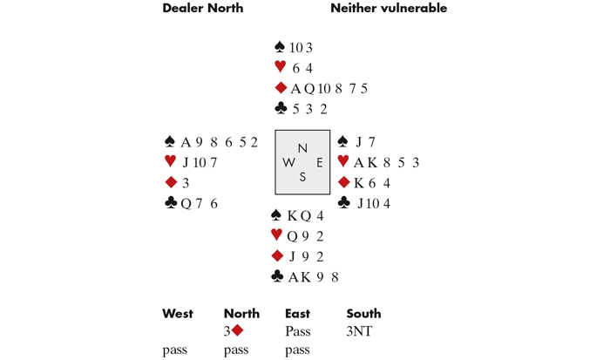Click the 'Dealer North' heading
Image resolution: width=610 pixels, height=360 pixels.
[x=202, y=9]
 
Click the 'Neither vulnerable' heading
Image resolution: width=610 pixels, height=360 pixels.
[x=389, y=9]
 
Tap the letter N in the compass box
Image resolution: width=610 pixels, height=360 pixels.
[x=302, y=149]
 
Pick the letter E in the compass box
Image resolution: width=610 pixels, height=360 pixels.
[x=320, y=162]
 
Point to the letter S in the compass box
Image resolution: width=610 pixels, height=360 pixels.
[x=302, y=177]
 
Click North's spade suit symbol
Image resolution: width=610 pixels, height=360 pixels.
[x=280, y=47]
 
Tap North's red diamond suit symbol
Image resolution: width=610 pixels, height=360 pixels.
[x=281, y=88]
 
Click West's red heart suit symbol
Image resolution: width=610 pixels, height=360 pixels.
[x=170, y=162]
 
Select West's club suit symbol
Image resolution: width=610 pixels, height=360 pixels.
[x=171, y=203]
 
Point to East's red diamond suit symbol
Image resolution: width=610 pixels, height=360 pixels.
[x=344, y=182]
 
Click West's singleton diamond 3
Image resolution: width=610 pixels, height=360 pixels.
[x=186, y=183]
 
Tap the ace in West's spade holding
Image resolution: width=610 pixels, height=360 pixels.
[x=186, y=142]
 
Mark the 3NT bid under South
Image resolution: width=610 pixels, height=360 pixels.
[x=359, y=332]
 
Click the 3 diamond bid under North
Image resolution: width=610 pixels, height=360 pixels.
[x=233, y=332]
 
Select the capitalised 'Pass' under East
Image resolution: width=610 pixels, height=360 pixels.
[x=298, y=332]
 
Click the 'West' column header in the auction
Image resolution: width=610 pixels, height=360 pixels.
[x=178, y=314]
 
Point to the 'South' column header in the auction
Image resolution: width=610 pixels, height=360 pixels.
[x=363, y=314]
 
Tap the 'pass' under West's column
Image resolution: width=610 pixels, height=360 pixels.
[x=175, y=350]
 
